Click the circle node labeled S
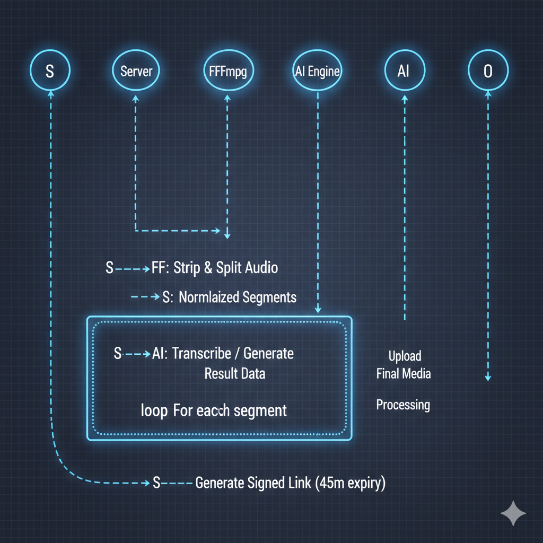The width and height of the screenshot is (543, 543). click(50, 71)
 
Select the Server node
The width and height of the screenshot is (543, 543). click(136, 71)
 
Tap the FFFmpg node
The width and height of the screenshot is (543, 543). click(227, 71)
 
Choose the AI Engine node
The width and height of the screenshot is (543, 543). click(317, 71)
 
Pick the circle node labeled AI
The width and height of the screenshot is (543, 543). click(404, 71)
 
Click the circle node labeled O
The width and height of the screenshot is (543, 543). click(488, 71)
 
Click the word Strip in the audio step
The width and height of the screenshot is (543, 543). click(187, 268)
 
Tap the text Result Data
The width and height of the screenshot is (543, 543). click(234, 374)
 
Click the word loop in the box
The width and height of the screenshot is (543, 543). click(154, 410)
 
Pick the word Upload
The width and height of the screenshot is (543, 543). click(405, 356)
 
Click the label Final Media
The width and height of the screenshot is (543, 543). click(404, 374)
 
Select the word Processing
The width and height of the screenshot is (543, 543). click(403, 405)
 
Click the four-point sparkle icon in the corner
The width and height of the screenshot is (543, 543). click(513, 513)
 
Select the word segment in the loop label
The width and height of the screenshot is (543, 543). click(259, 410)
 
